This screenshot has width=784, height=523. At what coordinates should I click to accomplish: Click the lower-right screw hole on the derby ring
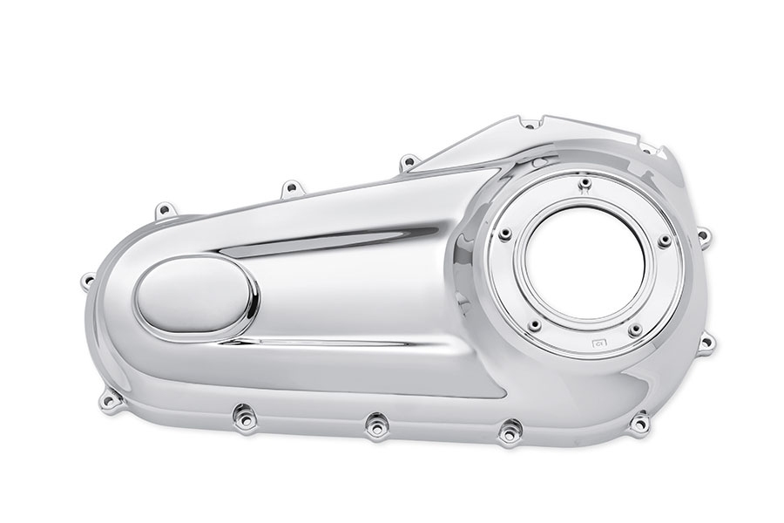click(x=635, y=329)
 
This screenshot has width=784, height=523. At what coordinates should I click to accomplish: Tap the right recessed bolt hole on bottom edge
click(x=510, y=429)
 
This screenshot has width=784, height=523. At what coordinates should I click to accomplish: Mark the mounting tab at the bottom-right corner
click(x=643, y=422)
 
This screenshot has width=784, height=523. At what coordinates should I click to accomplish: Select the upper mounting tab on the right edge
click(x=702, y=234)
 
